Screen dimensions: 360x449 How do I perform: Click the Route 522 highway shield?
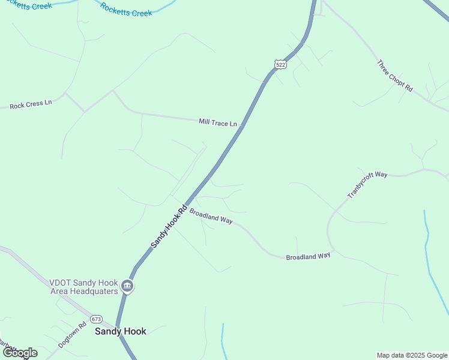[280, 63]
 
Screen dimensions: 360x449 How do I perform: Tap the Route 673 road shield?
[97, 319]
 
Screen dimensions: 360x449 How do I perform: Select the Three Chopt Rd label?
[395, 76]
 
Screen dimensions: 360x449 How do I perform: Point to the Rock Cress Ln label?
[31, 104]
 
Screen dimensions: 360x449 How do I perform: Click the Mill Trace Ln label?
[218, 122]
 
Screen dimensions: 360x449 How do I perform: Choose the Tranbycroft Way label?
[367, 185]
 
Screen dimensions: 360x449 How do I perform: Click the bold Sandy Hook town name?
[120, 331]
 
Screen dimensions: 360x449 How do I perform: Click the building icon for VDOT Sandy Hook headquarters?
[127, 286]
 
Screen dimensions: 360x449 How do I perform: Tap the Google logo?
[19, 353]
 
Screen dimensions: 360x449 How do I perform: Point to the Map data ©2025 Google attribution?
[412, 355]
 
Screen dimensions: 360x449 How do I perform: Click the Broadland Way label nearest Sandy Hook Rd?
[211, 216]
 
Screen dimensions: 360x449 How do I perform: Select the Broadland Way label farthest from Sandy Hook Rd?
[308, 256]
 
